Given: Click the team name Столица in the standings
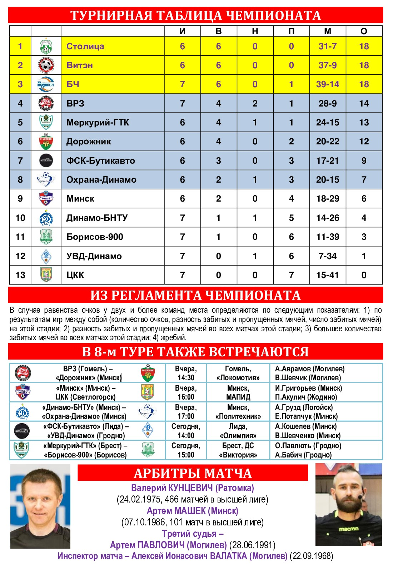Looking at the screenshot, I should pos(85,46).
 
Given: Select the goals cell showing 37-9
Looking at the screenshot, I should pos(327,65).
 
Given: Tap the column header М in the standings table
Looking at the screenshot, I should pos(327,31).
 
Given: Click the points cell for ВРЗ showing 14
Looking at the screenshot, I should pos(364,103).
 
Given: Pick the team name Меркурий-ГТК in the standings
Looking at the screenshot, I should pos(98,122).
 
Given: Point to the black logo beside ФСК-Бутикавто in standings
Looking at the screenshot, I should pos(46,160).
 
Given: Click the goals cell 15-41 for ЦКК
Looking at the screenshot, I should pos(327,275).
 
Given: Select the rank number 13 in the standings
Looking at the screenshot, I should pos(20,275).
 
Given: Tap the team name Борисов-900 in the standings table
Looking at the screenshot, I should pos(95,237).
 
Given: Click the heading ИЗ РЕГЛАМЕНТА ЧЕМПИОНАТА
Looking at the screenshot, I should pos(195,296).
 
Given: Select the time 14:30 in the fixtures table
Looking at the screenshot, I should pos(186,378).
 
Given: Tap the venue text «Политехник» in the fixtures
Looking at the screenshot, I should pos(238,416).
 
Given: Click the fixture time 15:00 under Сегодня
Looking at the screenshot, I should pos(186,455).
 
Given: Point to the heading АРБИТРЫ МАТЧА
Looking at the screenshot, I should pos(193,473).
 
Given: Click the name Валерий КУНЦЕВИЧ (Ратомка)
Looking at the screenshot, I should pos(193,488).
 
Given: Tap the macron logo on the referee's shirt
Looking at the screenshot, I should pos(348,529).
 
